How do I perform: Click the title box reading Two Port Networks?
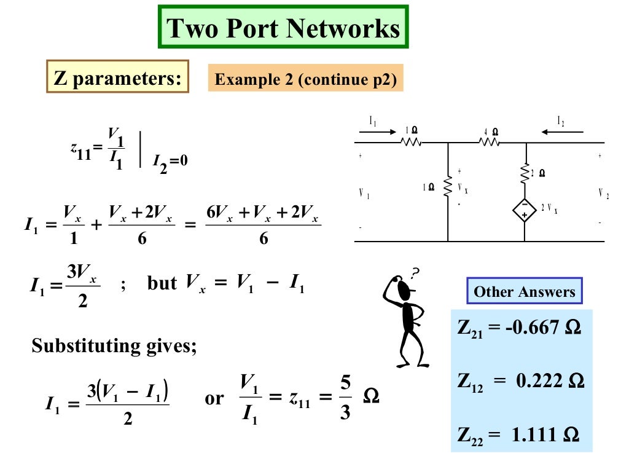tap(283, 27)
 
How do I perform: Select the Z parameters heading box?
tap(117, 77)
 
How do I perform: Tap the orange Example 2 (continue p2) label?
tap(305, 79)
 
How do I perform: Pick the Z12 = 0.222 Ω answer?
tap(520, 382)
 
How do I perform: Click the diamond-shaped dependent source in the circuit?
tap(525, 210)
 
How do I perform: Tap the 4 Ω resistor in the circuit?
tap(490, 142)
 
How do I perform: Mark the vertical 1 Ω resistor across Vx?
tap(448, 187)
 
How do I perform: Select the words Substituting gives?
tap(114, 346)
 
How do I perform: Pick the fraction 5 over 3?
tap(345, 398)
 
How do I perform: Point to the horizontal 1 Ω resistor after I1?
tap(410, 142)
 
